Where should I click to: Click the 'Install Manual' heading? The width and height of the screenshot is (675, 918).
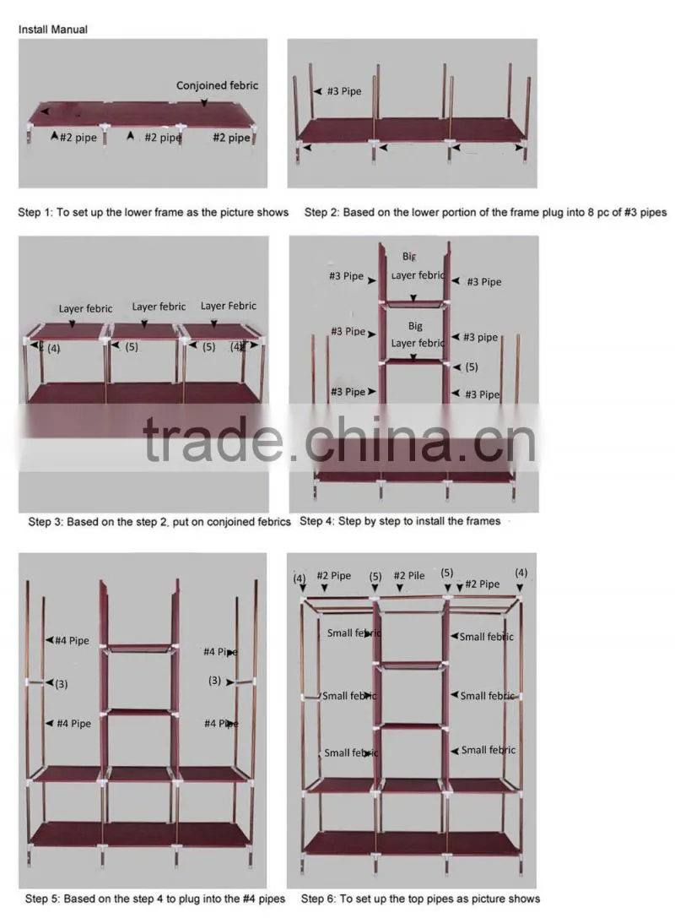coord(52,30)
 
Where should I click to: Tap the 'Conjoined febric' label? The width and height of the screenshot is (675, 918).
coord(217,85)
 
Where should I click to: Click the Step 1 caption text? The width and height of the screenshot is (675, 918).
coord(154,212)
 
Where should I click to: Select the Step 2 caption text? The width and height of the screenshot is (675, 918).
coord(485,212)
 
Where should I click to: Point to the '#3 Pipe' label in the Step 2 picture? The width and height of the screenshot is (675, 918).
coord(344,91)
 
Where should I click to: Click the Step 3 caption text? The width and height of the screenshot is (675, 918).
coord(159,522)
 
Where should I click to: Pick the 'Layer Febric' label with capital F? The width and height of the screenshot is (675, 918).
coord(228,306)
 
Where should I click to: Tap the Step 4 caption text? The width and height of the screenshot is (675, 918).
coord(400,521)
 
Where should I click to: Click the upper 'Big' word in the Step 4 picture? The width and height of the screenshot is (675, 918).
coord(409,257)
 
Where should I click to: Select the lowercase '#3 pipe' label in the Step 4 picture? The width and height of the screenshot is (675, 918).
coord(480,337)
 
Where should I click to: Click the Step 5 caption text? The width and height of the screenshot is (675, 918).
coord(155,899)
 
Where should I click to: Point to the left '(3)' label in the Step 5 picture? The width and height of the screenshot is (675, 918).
coord(61,684)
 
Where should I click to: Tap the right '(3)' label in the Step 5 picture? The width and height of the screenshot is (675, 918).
coord(214,681)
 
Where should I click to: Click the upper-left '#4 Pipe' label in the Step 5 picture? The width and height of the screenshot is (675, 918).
coord(72,640)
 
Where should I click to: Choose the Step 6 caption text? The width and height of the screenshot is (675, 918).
coord(420,899)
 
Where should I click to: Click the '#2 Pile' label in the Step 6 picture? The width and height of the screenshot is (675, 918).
coord(409,575)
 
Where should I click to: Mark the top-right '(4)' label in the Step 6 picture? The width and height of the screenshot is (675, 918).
coord(521,573)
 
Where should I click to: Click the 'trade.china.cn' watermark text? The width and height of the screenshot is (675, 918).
coord(339,440)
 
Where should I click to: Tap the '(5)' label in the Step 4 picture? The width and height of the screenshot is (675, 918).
coord(472,367)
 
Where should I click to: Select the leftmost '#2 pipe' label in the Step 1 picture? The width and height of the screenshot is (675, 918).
coord(78,138)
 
